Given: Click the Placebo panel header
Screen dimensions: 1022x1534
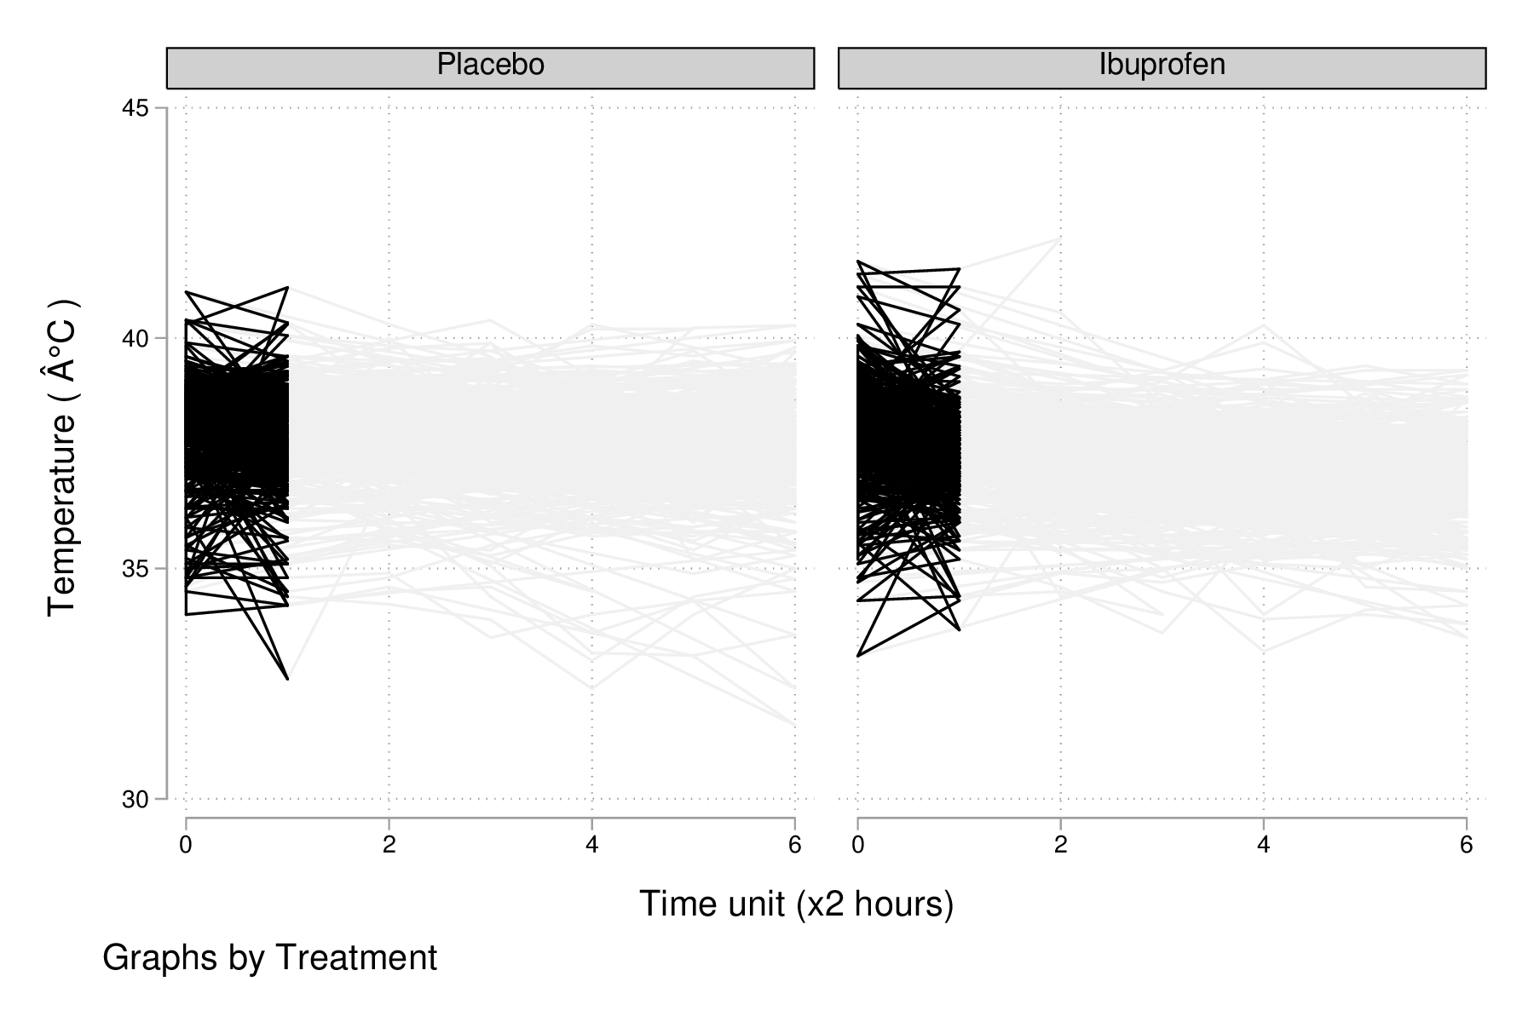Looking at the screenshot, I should tap(490, 67).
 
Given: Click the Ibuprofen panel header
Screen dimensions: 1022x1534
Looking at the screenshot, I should tap(1162, 67).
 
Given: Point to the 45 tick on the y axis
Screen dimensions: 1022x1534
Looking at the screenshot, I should tap(136, 109).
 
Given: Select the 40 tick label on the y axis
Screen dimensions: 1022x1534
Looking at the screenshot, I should tap(136, 339).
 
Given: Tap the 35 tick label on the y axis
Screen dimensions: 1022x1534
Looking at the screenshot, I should tap(136, 569).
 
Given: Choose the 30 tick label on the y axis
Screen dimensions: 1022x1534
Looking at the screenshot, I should tap(136, 800).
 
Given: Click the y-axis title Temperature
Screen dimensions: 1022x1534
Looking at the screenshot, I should tap(62, 458).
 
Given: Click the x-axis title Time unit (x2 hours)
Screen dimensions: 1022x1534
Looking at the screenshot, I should tap(796, 904).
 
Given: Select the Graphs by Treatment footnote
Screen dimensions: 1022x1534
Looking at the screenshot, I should tap(269, 958).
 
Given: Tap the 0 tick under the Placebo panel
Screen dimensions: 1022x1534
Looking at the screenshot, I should tap(186, 845).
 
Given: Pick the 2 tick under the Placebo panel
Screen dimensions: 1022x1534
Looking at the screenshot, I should tap(389, 845).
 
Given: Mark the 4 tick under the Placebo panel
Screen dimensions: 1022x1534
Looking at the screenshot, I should tap(591, 845).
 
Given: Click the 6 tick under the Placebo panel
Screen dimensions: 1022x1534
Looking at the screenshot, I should tap(794, 845).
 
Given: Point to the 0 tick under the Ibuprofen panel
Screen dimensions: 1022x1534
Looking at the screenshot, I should tap(858, 845).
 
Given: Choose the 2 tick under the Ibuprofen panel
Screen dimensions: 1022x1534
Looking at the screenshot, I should tap(1061, 845).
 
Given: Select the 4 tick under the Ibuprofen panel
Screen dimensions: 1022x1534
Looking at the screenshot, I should tap(1264, 845).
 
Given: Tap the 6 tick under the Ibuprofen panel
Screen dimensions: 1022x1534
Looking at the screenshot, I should tap(1467, 845).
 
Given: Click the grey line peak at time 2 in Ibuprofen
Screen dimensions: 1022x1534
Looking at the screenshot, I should tap(1060, 238).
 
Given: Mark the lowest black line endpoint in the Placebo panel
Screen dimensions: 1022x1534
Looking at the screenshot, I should tap(288, 679).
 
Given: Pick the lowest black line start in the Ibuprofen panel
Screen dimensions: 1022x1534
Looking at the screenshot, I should tap(858, 656).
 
